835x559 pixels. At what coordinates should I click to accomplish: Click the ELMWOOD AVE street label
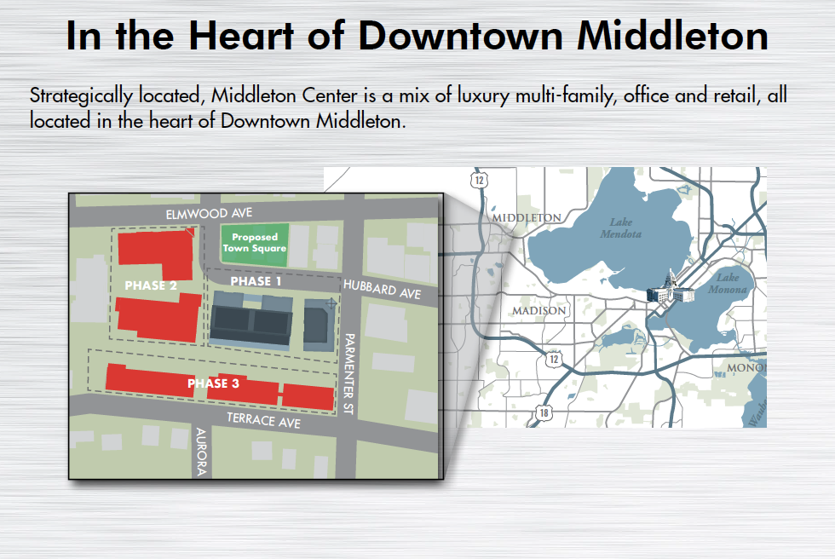pyautogui.click(x=209, y=214)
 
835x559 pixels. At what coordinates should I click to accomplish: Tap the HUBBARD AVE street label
pyautogui.click(x=382, y=289)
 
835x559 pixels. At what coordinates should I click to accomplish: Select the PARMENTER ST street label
pyautogui.click(x=349, y=374)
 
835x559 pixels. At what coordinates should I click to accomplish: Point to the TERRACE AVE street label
pyautogui.click(x=263, y=421)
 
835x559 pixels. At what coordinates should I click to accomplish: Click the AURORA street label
pyautogui.click(x=201, y=452)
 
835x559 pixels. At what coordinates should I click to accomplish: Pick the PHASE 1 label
pyautogui.click(x=256, y=281)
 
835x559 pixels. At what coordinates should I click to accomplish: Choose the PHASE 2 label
pyautogui.click(x=151, y=285)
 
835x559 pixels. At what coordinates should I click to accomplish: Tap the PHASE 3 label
pyautogui.click(x=213, y=383)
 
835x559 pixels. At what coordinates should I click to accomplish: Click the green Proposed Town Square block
pyautogui.click(x=255, y=245)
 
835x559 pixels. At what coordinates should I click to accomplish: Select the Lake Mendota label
pyautogui.click(x=621, y=228)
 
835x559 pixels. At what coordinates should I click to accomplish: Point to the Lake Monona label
pyautogui.click(x=728, y=283)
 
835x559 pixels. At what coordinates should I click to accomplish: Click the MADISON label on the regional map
pyautogui.click(x=538, y=310)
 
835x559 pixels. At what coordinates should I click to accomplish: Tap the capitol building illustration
pyautogui.click(x=670, y=288)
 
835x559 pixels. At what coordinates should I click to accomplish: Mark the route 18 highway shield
pyautogui.click(x=544, y=412)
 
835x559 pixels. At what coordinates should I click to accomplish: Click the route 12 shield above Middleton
pyautogui.click(x=479, y=180)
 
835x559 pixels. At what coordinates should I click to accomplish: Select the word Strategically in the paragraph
pyautogui.click(x=81, y=95)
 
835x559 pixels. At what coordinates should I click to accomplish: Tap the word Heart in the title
pyautogui.click(x=241, y=36)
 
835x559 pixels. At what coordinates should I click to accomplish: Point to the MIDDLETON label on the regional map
pyautogui.click(x=527, y=218)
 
